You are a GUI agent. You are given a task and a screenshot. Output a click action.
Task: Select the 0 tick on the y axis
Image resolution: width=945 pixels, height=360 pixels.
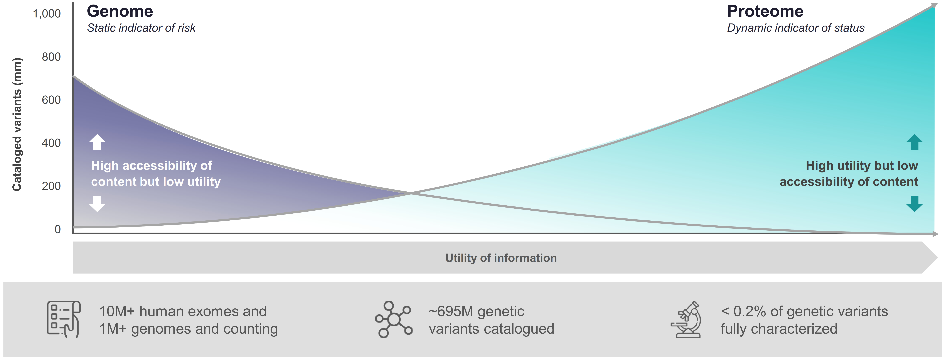click(x=58, y=229)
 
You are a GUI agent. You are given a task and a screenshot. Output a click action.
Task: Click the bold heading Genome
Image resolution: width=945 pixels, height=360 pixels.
click(x=120, y=11)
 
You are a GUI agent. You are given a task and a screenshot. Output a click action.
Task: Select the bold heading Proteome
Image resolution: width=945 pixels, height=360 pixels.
click(x=765, y=11)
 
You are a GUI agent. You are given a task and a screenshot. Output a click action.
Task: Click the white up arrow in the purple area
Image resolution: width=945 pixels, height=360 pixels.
click(x=97, y=142)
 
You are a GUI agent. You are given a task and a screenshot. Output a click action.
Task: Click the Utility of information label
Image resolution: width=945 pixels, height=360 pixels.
click(x=501, y=258)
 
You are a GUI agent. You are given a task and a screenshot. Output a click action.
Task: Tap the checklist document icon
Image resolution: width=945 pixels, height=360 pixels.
click(x=63, y=319)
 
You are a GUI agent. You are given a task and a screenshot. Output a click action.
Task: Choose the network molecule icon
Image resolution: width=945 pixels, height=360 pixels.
click(x=394, y=319)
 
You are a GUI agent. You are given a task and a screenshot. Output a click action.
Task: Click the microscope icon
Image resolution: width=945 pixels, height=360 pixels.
click(x=686, y=319)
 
